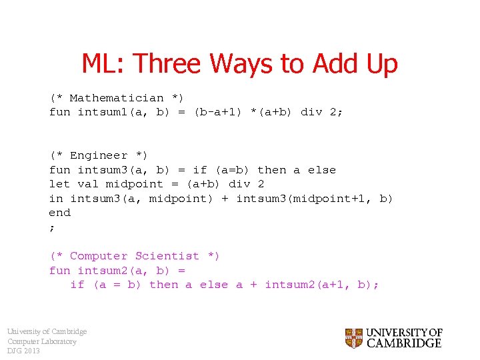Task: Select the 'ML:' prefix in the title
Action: point(105,64)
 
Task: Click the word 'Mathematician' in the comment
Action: point(117,98)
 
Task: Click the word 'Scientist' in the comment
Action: point(167,256)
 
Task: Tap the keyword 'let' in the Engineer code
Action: point(60,184)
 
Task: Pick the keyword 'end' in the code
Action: point(60,213)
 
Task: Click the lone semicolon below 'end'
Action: point(52,227)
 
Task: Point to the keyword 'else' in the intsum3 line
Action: point(322,170)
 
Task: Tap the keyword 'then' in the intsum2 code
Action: point(164,285)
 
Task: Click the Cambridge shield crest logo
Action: point(354,338)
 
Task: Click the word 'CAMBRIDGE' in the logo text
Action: point(404,344)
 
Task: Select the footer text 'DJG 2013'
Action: point(23,351)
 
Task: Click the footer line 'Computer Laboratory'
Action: point(41,341)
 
